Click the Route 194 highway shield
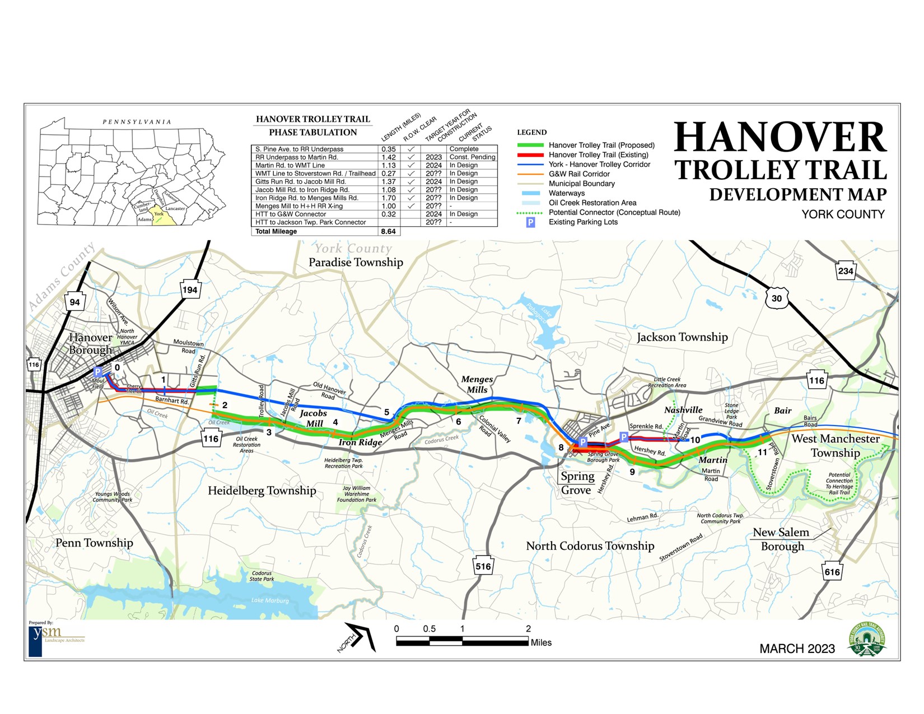(x=190, y=290)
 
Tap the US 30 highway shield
(x=776, y=298)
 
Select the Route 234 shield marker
(x=845, y=271)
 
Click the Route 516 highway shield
(x=483, y=566)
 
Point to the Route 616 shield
(x=832, y=572)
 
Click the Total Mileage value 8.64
(x=388, y=231)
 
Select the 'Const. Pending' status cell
(x=472, y=157)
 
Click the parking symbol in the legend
(x=530, y=222)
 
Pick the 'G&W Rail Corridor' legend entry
(x=579, y=174)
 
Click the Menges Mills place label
(x=477, y=384)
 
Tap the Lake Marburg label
(x=270, y=600)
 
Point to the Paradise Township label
(x=356, y=262)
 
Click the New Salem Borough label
(x=781, y=539)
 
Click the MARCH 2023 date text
(x=797, y=648)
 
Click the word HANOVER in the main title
(x=780, y=138)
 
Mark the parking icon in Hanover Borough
(x=98, y=372)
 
